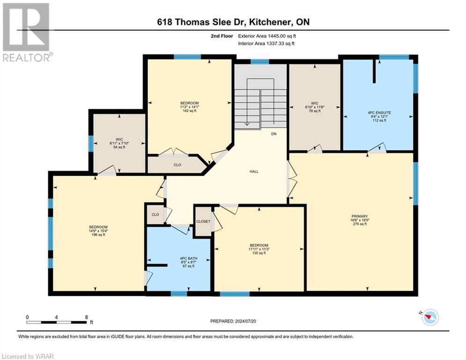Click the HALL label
click(x=254, y=172)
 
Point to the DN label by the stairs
click(x=274, y=134)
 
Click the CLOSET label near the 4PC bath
click(x=203, y=221)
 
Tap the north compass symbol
click(x=429, y=317)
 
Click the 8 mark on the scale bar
click(x=86, y=317)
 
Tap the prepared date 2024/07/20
click(x=233, y=321)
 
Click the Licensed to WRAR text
click(x=28, y=357)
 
